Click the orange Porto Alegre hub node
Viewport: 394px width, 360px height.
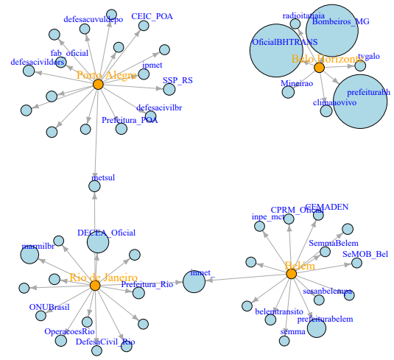[x=98, y=85]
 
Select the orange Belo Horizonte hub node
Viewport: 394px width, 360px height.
[x=320, y=67]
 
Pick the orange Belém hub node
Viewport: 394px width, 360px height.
[x=291, y=274]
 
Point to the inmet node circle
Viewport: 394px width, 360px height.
[x=194, y=280]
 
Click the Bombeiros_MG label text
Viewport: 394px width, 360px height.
[x=336, y=21]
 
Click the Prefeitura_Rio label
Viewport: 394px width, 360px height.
[x=147, y=284]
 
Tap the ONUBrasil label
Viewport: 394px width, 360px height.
[x=49, y=306]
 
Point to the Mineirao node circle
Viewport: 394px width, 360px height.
[x=288, y=92]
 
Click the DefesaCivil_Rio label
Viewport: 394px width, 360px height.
[x=105, y=342]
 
